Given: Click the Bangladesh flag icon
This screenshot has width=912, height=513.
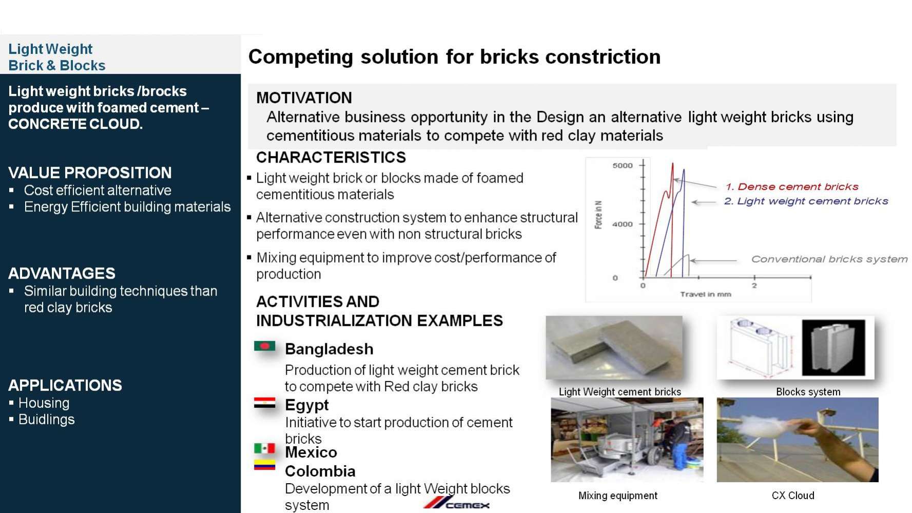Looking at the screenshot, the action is click(264, 346).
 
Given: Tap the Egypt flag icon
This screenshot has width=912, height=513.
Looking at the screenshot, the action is click(264, 403).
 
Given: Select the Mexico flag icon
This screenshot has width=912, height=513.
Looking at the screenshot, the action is click(264, 448).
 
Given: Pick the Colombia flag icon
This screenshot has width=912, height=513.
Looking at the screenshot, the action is click(264, 465).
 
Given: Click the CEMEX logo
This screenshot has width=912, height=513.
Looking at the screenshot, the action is click(456, 503).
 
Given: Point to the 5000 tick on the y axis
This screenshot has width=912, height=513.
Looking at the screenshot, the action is click(623, 165).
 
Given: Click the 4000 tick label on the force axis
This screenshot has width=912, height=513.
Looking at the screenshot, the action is click(623, 224).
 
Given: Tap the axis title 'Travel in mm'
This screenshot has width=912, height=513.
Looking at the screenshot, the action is click(706, 294).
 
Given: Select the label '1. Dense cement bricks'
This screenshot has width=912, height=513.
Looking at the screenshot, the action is click(791, 187).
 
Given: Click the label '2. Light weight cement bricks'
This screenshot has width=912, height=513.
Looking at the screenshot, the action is click(806, 201).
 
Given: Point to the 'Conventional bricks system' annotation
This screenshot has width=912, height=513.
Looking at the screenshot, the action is click(829, 259).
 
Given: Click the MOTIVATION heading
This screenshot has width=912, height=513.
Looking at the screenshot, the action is click(304, 97).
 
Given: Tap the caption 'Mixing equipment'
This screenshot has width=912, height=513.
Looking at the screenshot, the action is click(617, 496).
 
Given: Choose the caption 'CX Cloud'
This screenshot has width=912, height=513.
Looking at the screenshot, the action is click(793, 496).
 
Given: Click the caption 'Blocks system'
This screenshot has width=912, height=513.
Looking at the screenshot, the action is click(808, 392).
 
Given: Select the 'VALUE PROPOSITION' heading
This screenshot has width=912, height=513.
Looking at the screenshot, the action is click(90, 173).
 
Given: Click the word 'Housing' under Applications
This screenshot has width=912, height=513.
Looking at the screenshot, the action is click(44, 403).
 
